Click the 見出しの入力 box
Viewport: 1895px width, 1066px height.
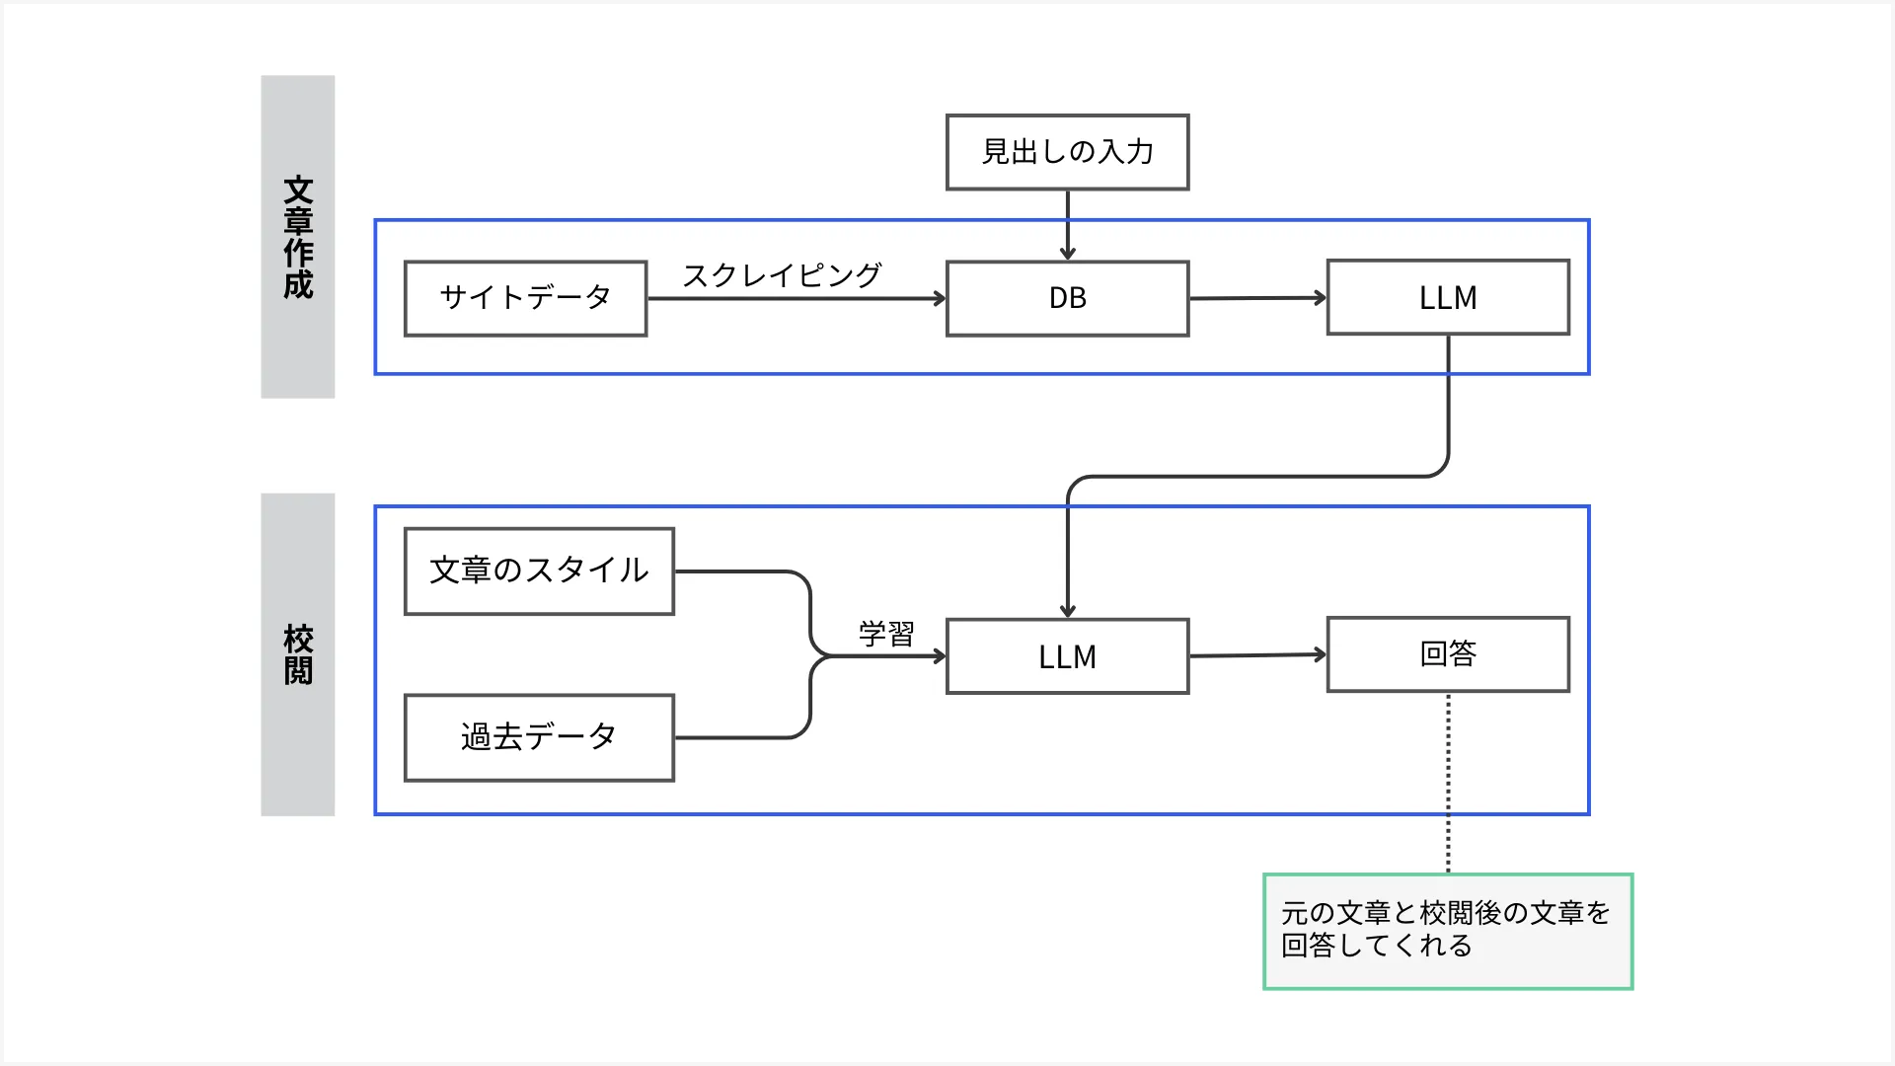point(1067,152)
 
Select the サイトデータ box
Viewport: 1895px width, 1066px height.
point(525,298)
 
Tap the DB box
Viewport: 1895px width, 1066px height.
point(1067,298)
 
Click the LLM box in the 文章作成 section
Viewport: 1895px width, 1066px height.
point(1448,297)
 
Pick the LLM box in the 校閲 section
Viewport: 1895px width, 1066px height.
point(1067,656)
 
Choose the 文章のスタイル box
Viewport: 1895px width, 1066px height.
point(539,571)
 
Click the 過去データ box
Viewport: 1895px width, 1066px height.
point(539,737)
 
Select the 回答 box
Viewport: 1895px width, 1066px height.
point(1448,654)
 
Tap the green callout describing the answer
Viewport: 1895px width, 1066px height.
point(1448,931)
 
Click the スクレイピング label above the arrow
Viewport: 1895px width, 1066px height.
point(782,275)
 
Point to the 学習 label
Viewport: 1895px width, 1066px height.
point(886,634)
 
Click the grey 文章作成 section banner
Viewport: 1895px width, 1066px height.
point(297,237)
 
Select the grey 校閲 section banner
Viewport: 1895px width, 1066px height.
point(297,654)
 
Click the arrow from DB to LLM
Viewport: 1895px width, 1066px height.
point(1257,298)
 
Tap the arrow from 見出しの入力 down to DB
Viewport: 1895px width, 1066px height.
point(1067,225)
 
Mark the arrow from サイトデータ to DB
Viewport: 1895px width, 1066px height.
point(796,299)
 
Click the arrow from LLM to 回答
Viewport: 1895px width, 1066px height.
point(1257,655)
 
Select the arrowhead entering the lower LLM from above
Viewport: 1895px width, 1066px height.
point(1067,610)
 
